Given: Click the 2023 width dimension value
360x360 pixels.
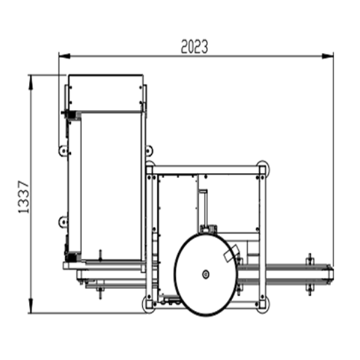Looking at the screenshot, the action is pyautogui.click(x=194, y=47).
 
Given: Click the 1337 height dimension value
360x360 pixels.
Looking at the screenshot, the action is pyautogui.click(x=24, y=197).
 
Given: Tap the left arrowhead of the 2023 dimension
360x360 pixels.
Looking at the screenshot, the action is pyautogui.click(x=65, y=56).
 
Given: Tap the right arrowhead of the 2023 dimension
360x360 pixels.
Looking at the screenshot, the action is pyautogui.click(x=328, y=56).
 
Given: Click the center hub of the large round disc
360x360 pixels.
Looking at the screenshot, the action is pyautogui.click(x=205, y=274).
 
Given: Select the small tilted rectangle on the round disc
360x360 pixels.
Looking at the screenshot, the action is pyautogui.click(x=231, y=253).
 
